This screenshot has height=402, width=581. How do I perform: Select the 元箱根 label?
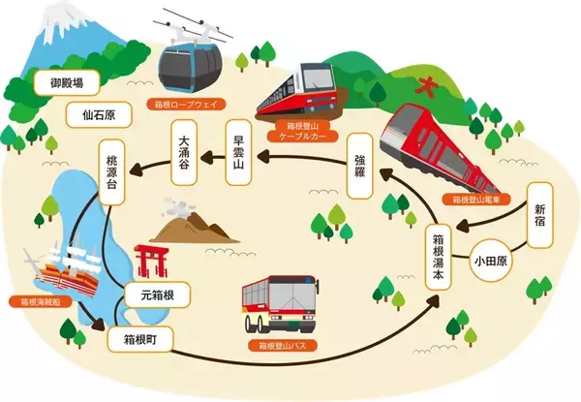158,294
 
